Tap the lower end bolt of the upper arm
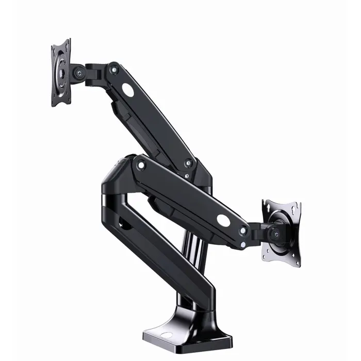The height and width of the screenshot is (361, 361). point(189,164)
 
